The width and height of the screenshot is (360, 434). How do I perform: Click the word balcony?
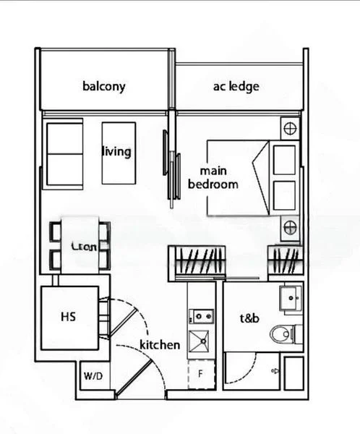[x=103, y=86]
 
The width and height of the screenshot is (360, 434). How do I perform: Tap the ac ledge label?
[x=236, y=86]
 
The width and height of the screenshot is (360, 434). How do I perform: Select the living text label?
[x=116, y=151]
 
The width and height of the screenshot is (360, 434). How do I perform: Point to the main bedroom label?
[x=213, y=178]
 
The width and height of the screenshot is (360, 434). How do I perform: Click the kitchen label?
[x=160, y=344]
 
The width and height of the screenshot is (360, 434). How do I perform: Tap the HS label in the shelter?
[x=69, y=316]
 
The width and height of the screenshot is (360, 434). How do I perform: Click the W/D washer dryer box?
[x=93, y=376]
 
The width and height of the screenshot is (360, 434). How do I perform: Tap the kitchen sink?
[x=200, y=340]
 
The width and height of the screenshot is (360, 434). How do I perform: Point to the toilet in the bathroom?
[x=283, y=334]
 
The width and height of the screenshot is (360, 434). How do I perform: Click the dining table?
[x=84, y=247]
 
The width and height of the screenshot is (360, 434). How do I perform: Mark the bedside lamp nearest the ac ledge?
[x=290, y=129]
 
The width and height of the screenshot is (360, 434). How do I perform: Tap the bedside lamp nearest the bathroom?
[x=290, y=226]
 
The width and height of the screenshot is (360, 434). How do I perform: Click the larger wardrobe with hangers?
[x=196, y=261]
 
